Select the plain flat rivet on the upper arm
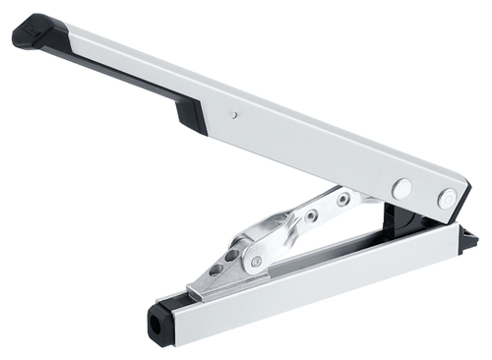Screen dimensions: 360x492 point(401,187)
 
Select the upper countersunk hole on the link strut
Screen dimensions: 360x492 point(342,200)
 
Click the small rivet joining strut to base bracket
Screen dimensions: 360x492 point(256,262)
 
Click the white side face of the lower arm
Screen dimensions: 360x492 point(325,285)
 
